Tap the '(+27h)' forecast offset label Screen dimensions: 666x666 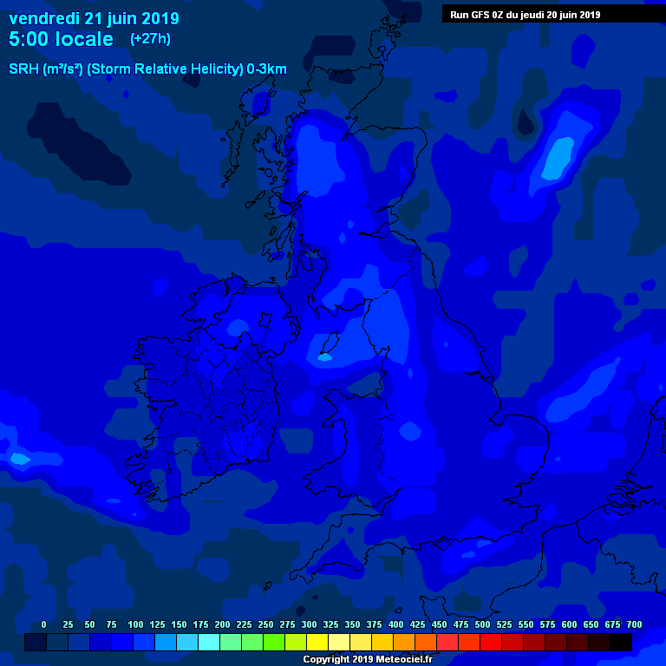pyautogui.click(x=150, y=39)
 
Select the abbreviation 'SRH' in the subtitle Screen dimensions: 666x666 pyautogui.click(x=23, y=69)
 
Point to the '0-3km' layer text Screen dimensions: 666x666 pyautogui.click(x=266, y=69)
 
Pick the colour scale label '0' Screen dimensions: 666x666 pyautogui.click(x=43, y=625)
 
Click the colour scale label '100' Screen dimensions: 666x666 pyautogui.click(x=135, y=625)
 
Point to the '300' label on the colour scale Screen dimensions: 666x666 pyautogui.click(x=309, y=625)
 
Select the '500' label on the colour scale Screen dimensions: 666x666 pyautogui.click(x=482, y=625)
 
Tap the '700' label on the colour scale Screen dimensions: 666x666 pyautogui.click(x=634, y=625)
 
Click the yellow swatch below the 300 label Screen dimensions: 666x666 pyautogui.click(x=317, y=643)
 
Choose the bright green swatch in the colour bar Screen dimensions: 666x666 pyautogui.click(x=274, y=643)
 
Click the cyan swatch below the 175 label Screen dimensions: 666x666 pyautogui.click(x=209, y=643)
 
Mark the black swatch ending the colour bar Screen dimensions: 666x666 pyautogui.click(x=621, y=643)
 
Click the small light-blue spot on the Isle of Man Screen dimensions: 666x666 pyautogui.click(x=326, y=356)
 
